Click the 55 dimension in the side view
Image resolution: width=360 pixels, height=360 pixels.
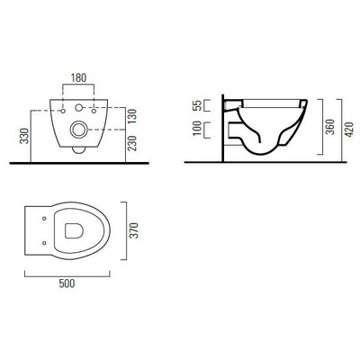coord(197,106)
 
